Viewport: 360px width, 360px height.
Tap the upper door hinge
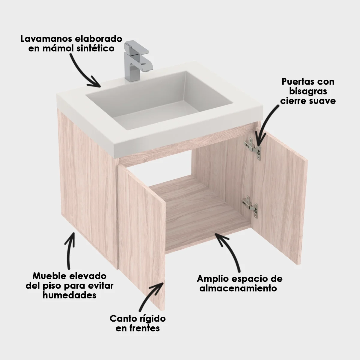[x=254, y=148]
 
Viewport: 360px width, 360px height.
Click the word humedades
[x=69, y=295]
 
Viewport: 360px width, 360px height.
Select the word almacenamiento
[x=238, y=288]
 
